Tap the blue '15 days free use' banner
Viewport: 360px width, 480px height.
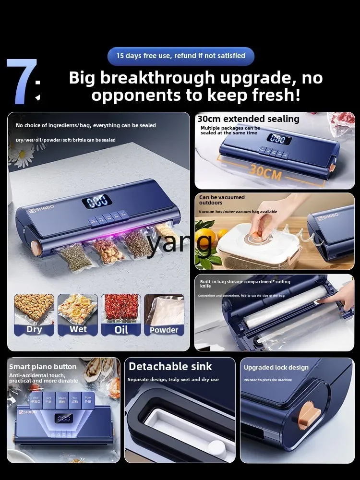(x=180, y=56)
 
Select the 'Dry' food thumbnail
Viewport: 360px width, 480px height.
(x=34, y=314)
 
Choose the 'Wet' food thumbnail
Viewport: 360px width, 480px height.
(x=78, y=314)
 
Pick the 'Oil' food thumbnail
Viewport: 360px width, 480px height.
(x=121, y=314)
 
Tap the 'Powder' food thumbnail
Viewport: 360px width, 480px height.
(x=164, y=314)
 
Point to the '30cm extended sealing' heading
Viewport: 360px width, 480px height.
(x=248, y=119)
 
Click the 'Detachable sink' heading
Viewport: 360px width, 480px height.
(x=170, y=367)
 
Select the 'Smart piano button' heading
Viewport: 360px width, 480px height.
(x=43, y=367)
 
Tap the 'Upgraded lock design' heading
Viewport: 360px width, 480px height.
(x=276, y=368)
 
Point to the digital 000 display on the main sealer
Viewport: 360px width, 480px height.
(x=97, y=201)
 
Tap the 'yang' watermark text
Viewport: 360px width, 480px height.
(x=180, y=242)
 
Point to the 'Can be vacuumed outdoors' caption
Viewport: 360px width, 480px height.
(x=222, y=200)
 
